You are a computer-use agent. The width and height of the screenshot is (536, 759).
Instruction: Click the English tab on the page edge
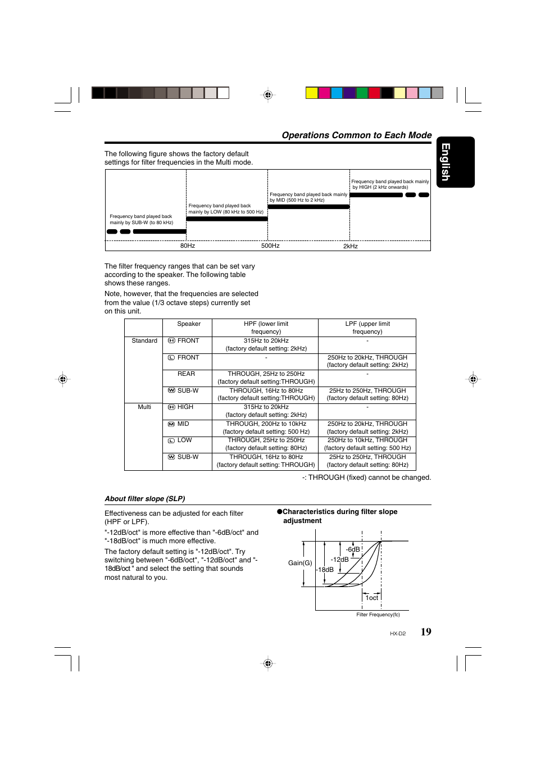point(455,162)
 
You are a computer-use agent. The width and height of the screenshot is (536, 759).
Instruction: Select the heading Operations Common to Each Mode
point(356,135)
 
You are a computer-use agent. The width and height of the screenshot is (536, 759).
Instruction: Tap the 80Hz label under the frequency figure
point(188,246)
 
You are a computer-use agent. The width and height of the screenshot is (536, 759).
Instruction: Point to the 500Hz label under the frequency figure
point(270,246)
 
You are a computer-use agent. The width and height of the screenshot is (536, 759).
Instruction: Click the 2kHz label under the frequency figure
point(351,246)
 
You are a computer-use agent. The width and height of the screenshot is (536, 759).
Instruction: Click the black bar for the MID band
point(308,207)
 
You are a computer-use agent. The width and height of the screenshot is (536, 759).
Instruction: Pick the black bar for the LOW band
point(227,219)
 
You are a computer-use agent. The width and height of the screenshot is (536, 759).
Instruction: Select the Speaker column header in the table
point(189,324)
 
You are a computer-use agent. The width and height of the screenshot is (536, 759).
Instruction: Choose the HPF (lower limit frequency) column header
point(266,328)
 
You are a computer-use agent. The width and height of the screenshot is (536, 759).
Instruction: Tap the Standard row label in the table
point(144,341)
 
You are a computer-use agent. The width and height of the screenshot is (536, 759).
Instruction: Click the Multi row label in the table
point(144,407)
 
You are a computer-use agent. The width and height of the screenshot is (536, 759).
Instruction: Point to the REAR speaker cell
point(187,374)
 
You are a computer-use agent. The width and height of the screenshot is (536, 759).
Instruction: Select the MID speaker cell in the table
point(183,424)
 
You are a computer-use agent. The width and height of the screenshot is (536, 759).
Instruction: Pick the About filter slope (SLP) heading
point(145,499)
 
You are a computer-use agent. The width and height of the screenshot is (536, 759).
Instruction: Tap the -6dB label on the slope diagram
point(353,549)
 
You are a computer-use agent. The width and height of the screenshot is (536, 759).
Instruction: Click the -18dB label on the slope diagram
point(325,570)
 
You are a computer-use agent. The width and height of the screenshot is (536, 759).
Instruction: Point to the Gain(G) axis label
point(300,563)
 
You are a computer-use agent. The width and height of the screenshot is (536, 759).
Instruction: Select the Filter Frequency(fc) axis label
point(378,615)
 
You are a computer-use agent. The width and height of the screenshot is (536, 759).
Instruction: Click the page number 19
point(426,632)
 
